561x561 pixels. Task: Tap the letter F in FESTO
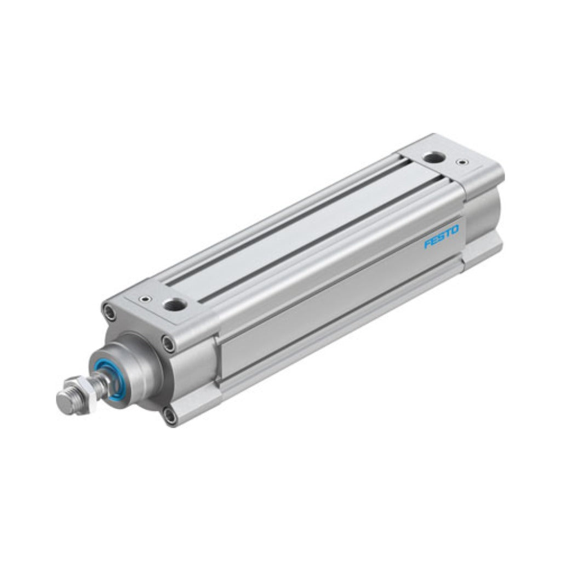pos(427,244)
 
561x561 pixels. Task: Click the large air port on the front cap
pos(175,305)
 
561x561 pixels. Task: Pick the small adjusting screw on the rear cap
pos(463,163)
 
